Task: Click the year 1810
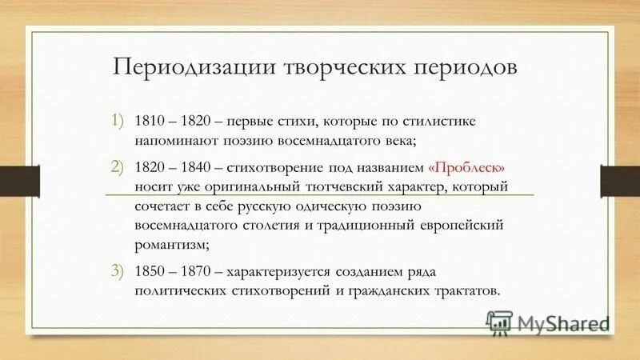(150, 121)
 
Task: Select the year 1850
(150, 272)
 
